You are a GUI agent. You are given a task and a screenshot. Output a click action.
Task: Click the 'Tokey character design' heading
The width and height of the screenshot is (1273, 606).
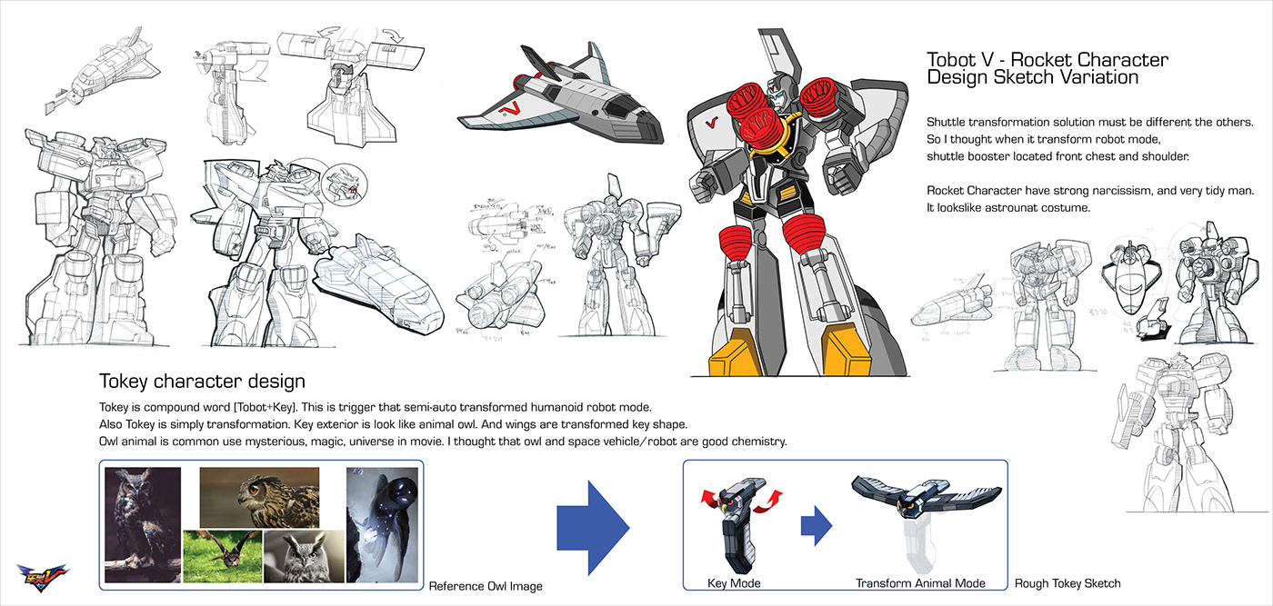(202, 381)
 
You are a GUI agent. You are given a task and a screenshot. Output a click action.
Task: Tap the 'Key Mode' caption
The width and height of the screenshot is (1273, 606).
(734, 583)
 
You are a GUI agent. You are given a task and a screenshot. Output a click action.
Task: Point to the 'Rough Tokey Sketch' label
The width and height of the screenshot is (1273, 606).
(1068, 583)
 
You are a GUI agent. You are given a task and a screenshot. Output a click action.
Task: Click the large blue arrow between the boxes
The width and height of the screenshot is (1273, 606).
(592, 522)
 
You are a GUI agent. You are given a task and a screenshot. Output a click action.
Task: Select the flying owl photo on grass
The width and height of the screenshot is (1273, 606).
(222, 555)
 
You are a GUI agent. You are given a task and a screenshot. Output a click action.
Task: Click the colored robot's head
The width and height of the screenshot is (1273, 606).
(777, 92)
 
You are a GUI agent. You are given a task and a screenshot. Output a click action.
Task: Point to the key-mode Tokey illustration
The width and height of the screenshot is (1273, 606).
(735, 522)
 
